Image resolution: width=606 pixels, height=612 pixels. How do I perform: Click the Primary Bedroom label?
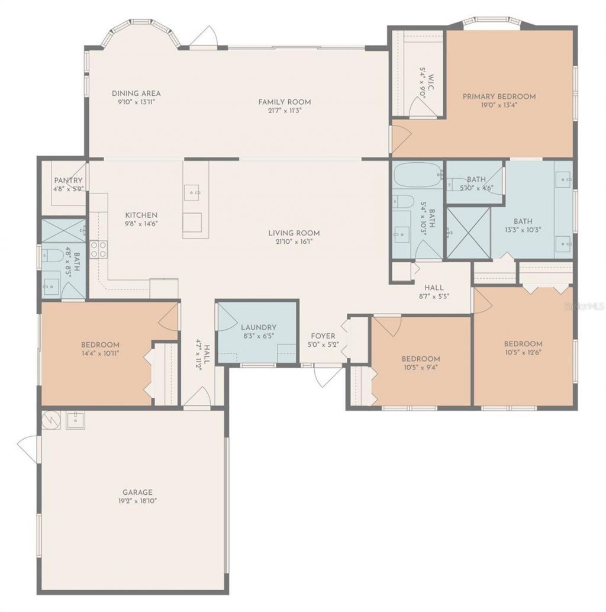pyautogui.click(x=499, y=96)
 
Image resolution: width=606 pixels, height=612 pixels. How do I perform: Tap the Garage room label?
pyautogui.click(x=137, y=492)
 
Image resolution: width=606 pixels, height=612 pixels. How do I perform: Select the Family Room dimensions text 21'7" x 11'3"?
pyautogui.click(x=285, y=110)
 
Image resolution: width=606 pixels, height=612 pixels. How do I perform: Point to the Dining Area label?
pyautogui.click(x=136, y=93)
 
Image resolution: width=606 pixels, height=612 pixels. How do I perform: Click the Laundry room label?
pyautogui.click(x=258, y=327)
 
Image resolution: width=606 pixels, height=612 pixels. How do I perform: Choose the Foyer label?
pyautogui.click(x=323, y=336)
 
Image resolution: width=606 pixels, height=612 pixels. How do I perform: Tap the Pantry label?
pyautogui.click(x=68, y=181)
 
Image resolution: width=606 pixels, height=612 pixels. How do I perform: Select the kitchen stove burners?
pyautogui.click(x=98, y=249)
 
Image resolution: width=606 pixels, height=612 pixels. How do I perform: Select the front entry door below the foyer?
pyautogui.click(x=327, y=375)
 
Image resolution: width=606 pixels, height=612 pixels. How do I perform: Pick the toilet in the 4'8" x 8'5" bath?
pyautogui.click(x=53, y=256)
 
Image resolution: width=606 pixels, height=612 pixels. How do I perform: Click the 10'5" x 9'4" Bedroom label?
pyautogui.click(x=421, y=359)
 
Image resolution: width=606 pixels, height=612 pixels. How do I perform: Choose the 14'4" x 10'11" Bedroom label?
pyautogui.click(x=100, y=344)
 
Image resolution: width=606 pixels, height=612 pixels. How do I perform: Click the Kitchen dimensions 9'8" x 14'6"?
pyautogui.click(x=141, y=224)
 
